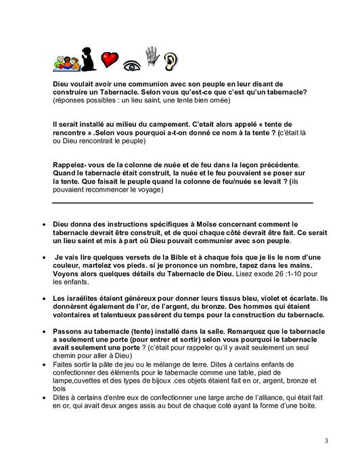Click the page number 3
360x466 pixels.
tap(325, 442)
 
